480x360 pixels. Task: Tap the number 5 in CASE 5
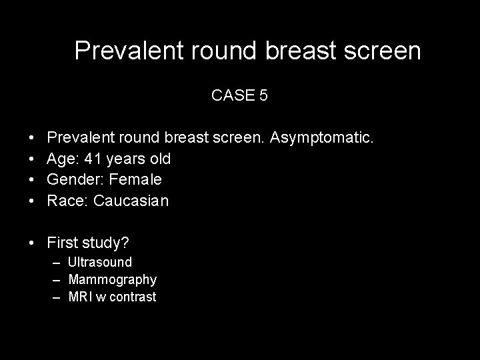click(263, 95)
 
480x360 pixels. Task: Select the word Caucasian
click(131, 201)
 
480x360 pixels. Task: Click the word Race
click(67, 201)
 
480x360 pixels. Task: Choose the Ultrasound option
click(100, 262)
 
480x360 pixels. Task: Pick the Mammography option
click(112, 279)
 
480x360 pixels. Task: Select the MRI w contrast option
click(112, 297)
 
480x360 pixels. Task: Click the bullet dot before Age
click(33, 159)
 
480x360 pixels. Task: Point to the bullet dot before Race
click(33, 201)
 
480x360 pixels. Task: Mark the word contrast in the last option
click(134, 297)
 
